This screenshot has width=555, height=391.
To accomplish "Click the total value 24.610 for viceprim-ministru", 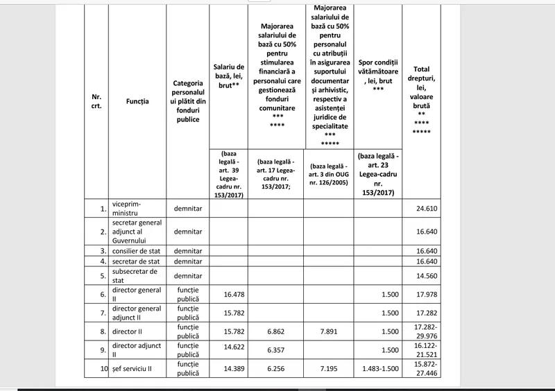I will click(429, 208).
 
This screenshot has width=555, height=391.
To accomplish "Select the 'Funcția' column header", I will click(137, 101).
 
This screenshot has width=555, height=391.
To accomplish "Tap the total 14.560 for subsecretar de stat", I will click(429, 276).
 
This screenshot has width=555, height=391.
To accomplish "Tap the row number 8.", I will click(103, 331).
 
